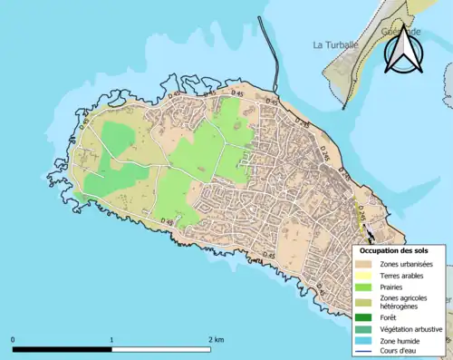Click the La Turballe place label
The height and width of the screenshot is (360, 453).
[x=336, y=44]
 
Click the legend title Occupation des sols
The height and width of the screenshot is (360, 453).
[x=394, y=249]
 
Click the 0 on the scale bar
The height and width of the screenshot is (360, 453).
[x=14, y=339]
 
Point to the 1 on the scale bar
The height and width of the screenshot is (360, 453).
[x=111, y=339]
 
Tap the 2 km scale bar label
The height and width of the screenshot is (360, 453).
[x=215, y=339]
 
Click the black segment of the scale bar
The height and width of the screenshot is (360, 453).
[x=63, y=349]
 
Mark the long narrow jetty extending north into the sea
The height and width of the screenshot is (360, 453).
[x=267, y=54]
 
